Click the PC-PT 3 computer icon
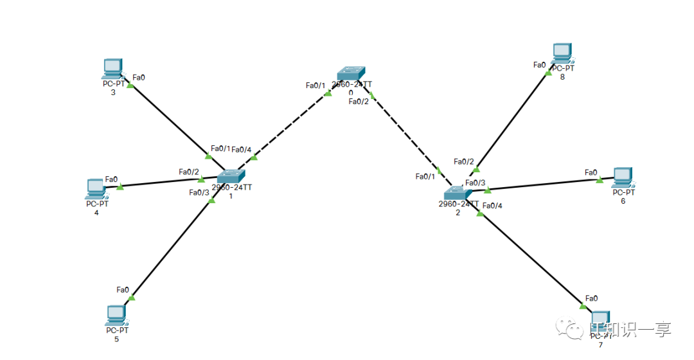point(112,67)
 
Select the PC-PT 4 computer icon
point(96,188)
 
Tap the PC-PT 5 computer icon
point(116,314)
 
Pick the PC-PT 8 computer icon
point(562,52)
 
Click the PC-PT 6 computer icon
point(622,176)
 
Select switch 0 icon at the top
point(351,73)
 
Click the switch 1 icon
point(231,177)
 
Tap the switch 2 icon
point(458,192)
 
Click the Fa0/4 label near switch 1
point(241,150)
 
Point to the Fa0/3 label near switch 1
point(199,192)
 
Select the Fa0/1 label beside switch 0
point(316,85)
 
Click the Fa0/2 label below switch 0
point(359,101)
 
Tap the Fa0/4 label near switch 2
point(492,206)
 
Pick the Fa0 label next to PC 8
point(539,65)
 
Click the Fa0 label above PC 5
point(123,290)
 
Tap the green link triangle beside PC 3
point(130,85)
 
